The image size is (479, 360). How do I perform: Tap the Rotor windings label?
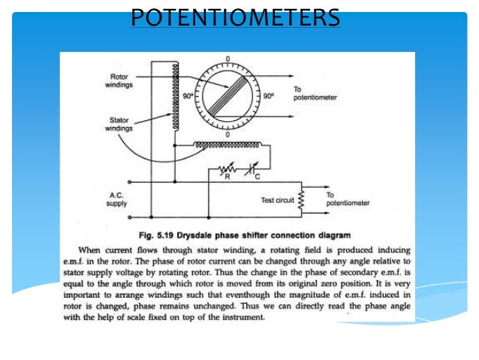(x=119, y=80)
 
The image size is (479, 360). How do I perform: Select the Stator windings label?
(x=117, y=125)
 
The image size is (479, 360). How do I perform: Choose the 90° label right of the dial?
(x=267, y=96)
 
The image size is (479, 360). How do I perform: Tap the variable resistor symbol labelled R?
(x=223, y=171)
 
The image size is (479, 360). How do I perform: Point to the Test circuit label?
(x=277, y=201)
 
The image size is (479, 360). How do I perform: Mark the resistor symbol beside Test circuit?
(x=301, y=198)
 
